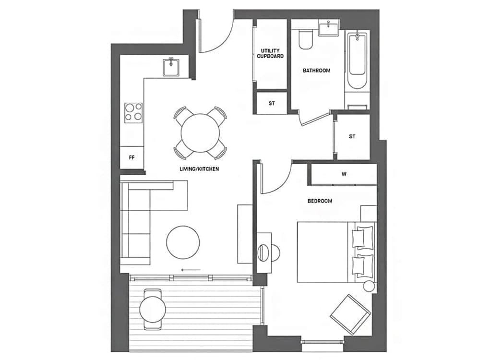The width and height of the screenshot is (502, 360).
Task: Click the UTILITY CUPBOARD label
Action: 270,53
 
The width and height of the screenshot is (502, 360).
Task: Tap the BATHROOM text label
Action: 316,71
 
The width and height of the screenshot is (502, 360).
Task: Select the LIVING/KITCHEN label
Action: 199,169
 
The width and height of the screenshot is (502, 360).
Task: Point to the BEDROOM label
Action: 320,201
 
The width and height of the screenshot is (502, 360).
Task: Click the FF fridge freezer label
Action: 131,157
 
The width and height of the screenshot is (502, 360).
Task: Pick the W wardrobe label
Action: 344,174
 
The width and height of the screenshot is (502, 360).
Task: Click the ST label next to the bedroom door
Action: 352,136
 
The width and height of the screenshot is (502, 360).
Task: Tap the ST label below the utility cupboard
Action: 272,104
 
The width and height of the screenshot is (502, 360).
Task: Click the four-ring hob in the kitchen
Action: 133,113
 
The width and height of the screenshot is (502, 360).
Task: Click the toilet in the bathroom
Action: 305,39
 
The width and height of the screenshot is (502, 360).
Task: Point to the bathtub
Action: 357,61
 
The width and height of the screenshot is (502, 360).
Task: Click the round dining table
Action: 200,133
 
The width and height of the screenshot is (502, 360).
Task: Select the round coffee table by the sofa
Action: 183,242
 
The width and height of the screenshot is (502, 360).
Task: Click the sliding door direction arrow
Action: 191,270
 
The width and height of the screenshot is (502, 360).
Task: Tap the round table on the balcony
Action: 153,310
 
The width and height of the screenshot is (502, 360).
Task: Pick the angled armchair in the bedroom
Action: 350,315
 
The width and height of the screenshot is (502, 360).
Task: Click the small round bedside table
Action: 369,286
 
